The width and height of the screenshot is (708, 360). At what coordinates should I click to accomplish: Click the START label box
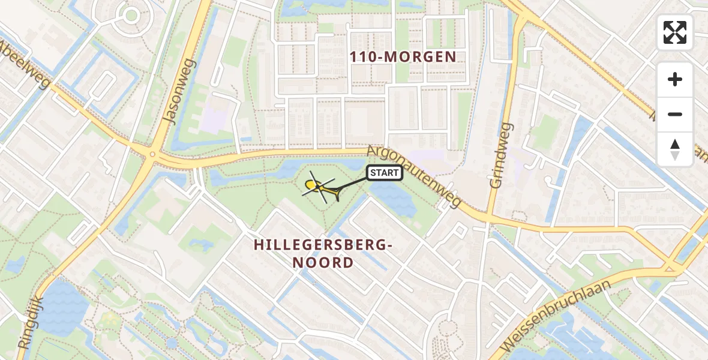point(384,173)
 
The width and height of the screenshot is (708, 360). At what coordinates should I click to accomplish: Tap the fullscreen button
point(675,32)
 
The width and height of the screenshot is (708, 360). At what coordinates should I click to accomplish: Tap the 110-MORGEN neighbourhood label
point(404,57)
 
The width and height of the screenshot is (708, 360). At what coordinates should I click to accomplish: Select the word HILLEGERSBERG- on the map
point(323,245)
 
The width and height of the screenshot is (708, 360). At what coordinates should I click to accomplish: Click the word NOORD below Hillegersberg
point(323,263)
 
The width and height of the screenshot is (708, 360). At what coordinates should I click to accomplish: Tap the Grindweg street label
point(502,155)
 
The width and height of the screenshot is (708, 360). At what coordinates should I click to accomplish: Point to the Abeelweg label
point(24,64)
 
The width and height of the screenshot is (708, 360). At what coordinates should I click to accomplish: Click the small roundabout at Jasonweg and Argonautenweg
point(152,154)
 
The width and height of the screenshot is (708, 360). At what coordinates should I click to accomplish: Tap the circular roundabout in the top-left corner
point(130,14)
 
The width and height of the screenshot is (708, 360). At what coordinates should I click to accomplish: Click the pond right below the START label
point(392,198)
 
